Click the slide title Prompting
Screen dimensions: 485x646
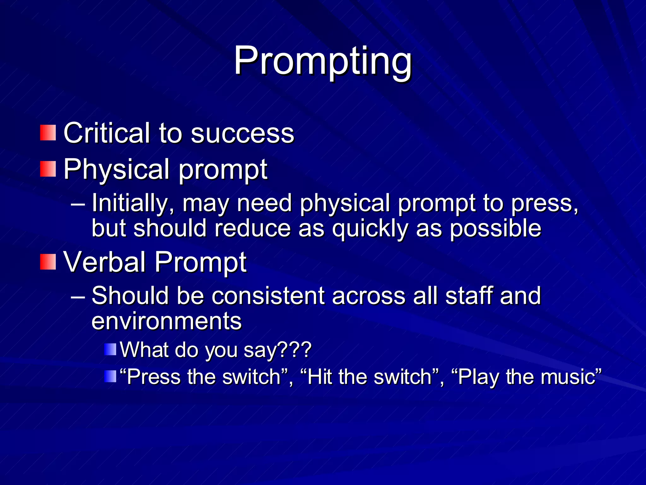pyautogui.click(x=323, y=62)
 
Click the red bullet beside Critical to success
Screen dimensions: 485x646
pyautogui.click(x=48, y=133)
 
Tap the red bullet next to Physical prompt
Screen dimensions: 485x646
pyautogui.click(x=48, y=169)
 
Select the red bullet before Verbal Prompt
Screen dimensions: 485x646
pyautogui.click(x=48, y=262)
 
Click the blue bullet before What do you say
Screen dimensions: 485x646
pyautogui.click(x=110, y=350)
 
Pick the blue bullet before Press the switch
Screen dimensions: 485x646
pyautogui.click(x=110, y=376)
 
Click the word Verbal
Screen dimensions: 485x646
pyautogui.click(x=104, y=262)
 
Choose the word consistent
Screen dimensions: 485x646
pyautogui.click(x=268, y=296)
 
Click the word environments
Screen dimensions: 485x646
pyautogui.click(x=167, y=321)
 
